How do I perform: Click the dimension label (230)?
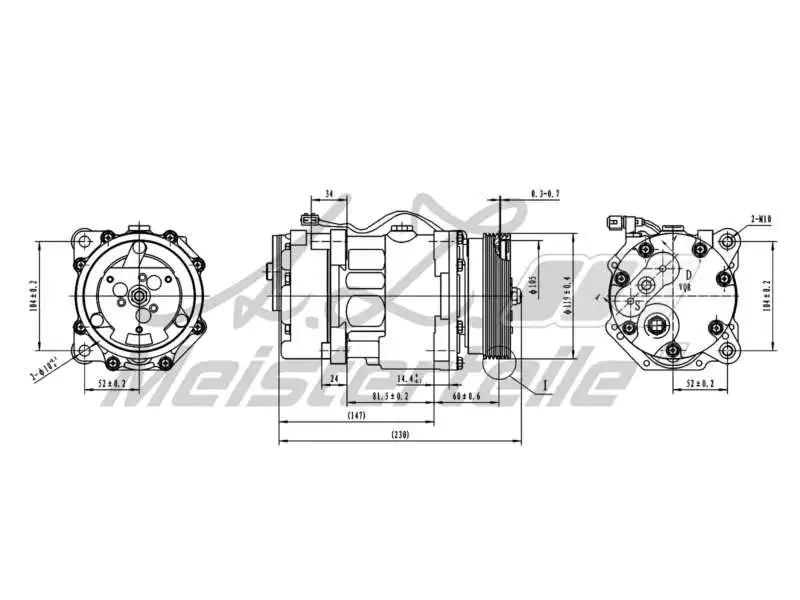[x=399, y=434]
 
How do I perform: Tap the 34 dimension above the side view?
[x=329, y=194]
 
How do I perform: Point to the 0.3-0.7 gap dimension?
[x=546, y=192]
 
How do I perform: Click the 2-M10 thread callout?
[x=763, y=217]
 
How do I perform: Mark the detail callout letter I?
[x=545, y=384]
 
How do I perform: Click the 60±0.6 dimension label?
[x=466, y=396]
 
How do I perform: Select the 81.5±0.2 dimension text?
[x=389, y=396]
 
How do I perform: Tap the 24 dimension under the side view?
[x=334, y=379]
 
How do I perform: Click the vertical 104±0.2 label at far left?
[x=34, y=296]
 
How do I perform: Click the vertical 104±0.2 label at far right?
[x=768, y=296]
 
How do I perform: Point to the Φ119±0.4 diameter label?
[x=567, y=296]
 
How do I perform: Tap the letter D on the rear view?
[x=689, y=273]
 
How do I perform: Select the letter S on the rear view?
[x=638, y=307]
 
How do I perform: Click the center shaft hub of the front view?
[x=136, y=296]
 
